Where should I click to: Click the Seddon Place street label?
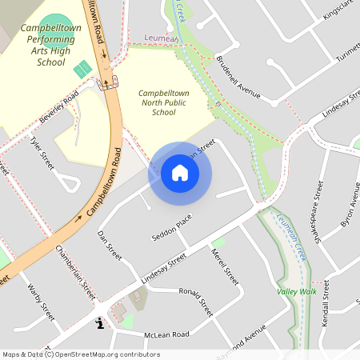tap(171, 229)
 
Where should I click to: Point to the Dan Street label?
tap(109, 245)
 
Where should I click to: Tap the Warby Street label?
tap(40, 300)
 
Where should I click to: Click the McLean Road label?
tap(166, 334)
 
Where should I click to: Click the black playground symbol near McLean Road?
tap(99, 323)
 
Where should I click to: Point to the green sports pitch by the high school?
tap(82, 69)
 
